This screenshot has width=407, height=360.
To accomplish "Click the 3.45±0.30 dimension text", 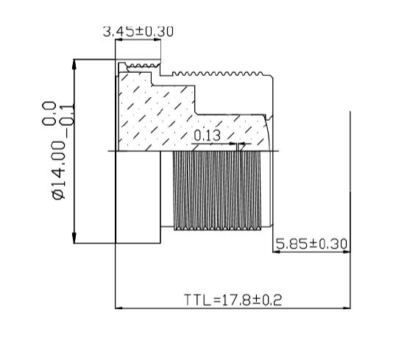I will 138,31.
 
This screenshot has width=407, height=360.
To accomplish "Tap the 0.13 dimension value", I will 207,135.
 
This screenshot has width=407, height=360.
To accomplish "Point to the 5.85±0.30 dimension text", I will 311,242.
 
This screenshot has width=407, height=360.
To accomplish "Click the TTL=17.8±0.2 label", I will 233,300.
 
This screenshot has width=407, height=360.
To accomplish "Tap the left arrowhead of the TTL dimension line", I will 121,308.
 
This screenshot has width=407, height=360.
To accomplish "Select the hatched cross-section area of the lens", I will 162,110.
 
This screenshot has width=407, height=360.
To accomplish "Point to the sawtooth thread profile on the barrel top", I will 221,74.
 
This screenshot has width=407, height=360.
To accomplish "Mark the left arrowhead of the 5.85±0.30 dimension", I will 277,251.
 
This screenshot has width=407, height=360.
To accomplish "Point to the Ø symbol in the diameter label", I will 60,194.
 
